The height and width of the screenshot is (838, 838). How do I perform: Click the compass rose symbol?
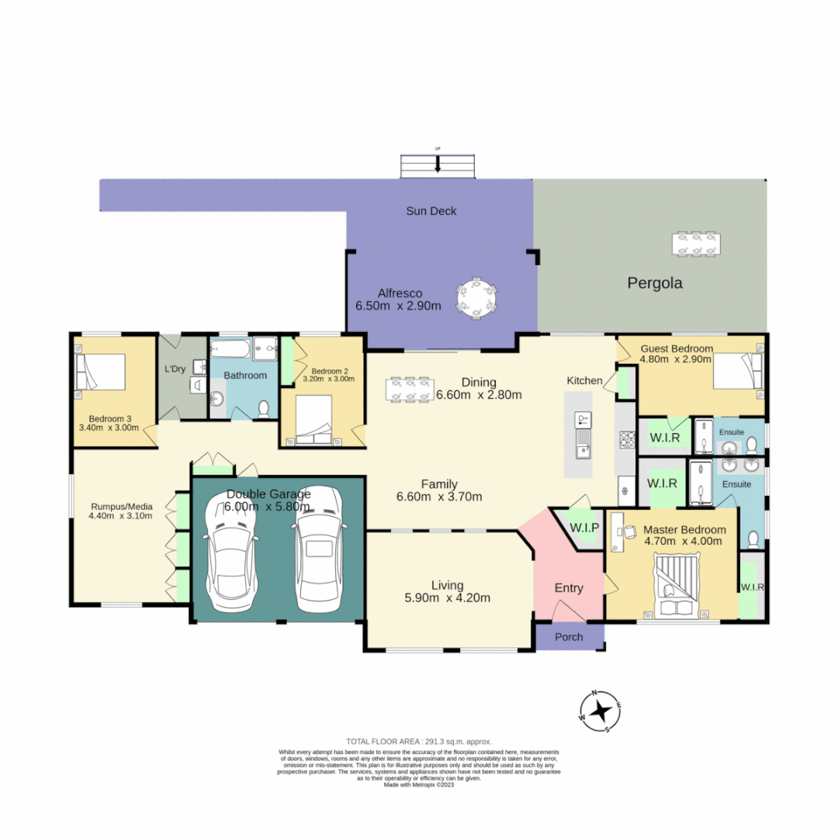point(601,711)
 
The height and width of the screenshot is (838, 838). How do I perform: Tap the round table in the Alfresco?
point(477,298)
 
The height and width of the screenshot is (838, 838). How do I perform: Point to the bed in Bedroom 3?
point(99,373)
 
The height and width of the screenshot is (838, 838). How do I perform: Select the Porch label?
point(569,637)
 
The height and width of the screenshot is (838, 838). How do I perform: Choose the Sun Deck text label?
point(431,211)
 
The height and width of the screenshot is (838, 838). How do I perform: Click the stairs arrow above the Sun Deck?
point(438,164)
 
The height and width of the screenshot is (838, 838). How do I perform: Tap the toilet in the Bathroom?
point(264,408)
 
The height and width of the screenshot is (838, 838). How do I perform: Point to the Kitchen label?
point(584,380)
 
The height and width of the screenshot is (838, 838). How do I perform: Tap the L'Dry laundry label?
point(175,369)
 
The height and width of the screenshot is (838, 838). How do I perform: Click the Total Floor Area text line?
point(419,742)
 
